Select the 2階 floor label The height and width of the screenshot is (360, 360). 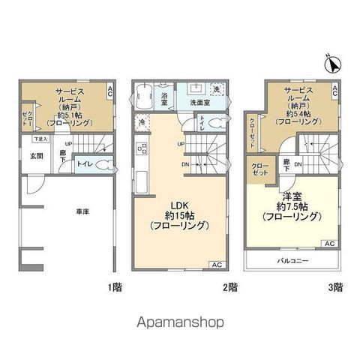click(230, 286)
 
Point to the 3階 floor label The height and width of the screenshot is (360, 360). click(336, 286)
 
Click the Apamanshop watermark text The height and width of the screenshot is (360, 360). click(179, 323)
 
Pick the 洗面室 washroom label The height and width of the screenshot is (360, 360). click(199, 102)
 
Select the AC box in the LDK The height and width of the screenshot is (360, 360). click(216, 265)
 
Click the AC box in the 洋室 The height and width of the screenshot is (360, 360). click(329, 244)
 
